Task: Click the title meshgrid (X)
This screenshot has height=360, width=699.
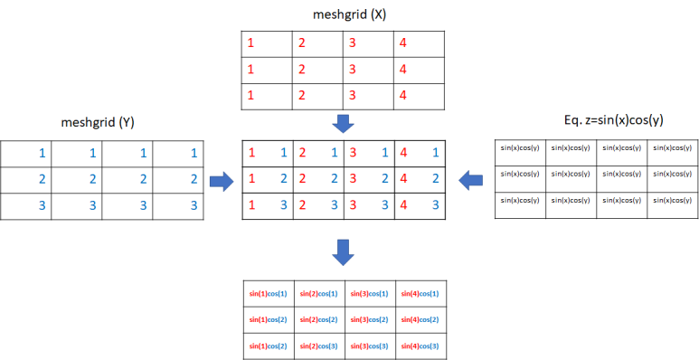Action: pyautogui.click(x=343, y=13)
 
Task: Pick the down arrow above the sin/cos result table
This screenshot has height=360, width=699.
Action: pyautogui.click(x=344, y=253)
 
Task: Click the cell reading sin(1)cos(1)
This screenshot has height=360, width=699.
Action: pyautogui.click(x=268, y=294)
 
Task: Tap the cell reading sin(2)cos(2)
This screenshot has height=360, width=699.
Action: pyautogui.click(x=318, y=320)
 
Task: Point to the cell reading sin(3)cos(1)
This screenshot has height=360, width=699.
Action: pyautogui.click(x=369, y=294)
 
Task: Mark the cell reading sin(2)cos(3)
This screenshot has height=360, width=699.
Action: pyautogui.click(x=318, y=346)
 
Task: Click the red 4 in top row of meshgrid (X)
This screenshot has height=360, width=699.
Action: pyautogui.click(x=401, y=43)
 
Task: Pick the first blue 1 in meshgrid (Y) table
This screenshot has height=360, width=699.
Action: pyautogui.click(x=42, y=154)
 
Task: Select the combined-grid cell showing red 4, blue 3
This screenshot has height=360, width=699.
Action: pyautogui.click(x=420, y=206)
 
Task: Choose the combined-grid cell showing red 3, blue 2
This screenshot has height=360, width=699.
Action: pyautogui.click(x=369, y=179)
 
